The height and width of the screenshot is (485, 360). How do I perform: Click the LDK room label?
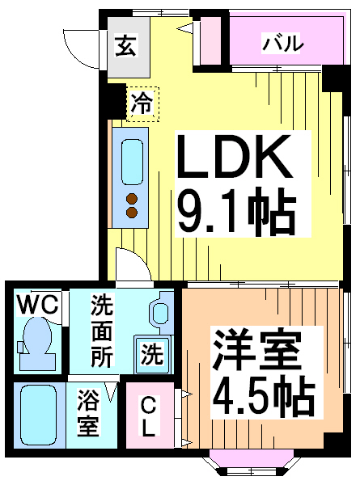(x=235, y=157)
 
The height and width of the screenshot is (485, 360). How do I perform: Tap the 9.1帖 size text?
(x=236, y=212)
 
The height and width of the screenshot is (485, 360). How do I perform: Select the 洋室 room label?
(x=256, y=350)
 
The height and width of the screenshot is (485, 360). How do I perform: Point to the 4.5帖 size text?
(x=263, y=397)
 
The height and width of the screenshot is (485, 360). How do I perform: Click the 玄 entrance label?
(x=125, y=46)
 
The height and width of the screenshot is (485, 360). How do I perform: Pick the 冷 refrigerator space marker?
(x=142, y=103)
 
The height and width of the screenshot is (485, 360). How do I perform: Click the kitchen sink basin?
(x=132, y=162)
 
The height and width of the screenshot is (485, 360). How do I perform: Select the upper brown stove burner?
(x=132, y=198)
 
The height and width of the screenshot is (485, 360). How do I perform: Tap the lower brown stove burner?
(x=132, y=212)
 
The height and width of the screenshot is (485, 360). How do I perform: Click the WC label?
(x=37, y=305)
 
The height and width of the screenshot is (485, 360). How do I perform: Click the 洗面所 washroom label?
(x=102, y=331)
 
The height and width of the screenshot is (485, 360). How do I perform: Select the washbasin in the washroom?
(x=161, y=312)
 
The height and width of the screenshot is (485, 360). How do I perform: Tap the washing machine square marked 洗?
(x=152, y=355)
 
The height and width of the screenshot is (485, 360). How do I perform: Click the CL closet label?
(x=149, y=416)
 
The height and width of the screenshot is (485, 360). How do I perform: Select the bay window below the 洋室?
(x=251, y=462)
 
